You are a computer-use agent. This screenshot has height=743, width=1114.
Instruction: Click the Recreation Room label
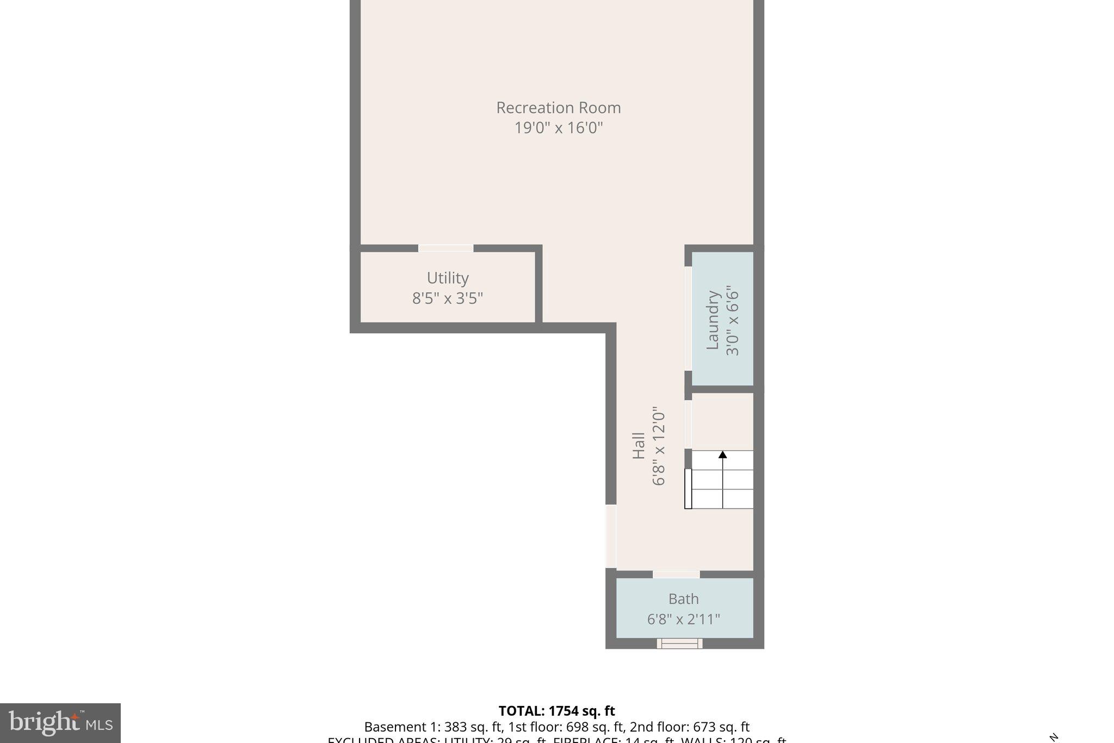558,108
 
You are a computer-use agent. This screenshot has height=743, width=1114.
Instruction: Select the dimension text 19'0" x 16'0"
558,128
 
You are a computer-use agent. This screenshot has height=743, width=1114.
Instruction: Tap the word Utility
447,278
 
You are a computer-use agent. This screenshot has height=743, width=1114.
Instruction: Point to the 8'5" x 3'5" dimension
447,298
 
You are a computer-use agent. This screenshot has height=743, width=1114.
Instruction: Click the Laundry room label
713,320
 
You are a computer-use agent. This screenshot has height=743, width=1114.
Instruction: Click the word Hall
638,446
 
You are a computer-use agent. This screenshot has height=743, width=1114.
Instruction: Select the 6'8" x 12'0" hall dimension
658,446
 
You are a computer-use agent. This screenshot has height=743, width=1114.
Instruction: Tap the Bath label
683,599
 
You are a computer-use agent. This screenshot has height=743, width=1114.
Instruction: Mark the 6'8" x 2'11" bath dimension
683,619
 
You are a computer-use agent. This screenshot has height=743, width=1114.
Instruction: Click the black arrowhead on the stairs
722,455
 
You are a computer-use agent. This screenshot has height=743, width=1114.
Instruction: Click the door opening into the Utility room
445,248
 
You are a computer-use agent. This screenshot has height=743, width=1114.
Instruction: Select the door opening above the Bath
676,574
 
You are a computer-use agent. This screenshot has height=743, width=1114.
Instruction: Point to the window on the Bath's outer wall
679,644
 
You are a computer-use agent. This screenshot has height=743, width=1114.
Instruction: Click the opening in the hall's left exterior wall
611,536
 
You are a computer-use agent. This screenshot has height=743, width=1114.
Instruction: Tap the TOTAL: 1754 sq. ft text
556,711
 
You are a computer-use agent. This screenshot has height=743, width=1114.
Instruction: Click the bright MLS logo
60,723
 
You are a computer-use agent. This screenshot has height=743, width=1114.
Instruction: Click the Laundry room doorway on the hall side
688,318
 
